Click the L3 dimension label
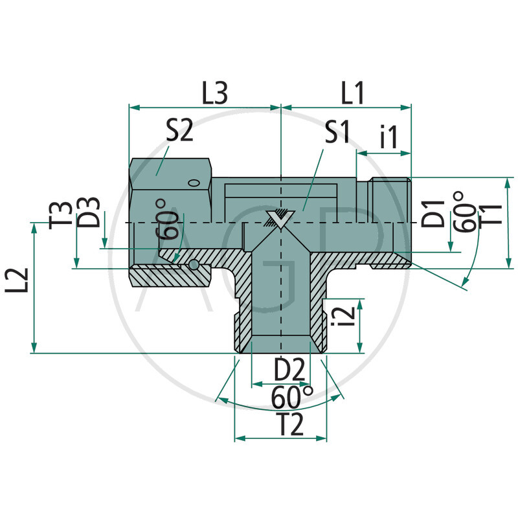click(x=214, y=94)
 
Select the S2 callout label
click(x=179, y=132)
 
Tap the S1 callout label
click(x=337, y=133)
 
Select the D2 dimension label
click(x=288, y=370)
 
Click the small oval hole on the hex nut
click(x=194, y=184)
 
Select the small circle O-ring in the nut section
click(x=194, y=264)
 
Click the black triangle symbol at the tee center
click(x=280, y=219)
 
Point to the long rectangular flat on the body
click(x=282, y=192)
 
